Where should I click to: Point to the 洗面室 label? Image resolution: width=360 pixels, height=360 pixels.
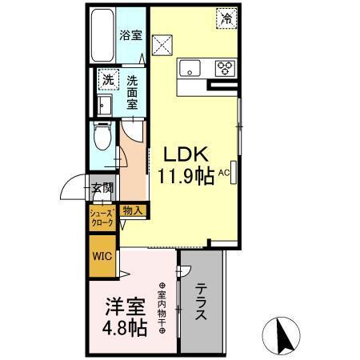[x=130, y=91]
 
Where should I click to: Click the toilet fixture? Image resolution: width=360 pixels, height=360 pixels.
[x=102, y=139]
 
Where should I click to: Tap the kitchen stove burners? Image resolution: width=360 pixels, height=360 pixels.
[x=224, y=67]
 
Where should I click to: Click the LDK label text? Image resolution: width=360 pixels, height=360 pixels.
[x=188, y=154]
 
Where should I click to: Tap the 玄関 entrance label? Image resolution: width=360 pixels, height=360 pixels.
[x=102, y=189]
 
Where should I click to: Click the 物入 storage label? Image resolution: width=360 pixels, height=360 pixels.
[x=133, y=210]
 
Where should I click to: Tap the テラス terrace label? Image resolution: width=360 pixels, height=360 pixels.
[x=202, y=302]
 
